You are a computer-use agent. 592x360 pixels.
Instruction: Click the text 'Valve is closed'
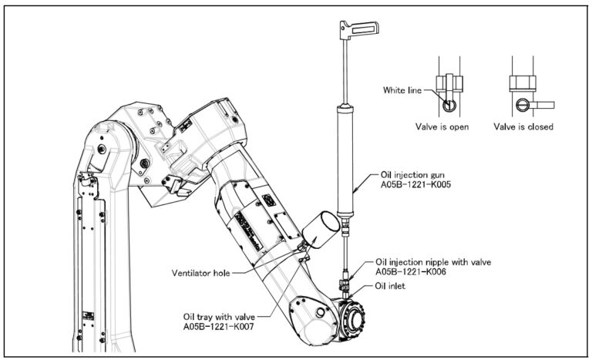click(x=525, y=126)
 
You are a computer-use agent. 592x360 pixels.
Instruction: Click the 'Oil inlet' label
click(x=391, y=285)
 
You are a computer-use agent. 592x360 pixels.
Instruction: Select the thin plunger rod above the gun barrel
click(x=341, y=73)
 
